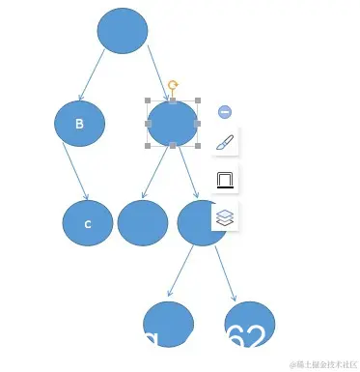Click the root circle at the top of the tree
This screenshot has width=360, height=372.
[x=123, y=30]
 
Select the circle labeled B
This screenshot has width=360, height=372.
[x=79, y=124]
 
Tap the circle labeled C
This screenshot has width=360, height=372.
[x=88, y=223]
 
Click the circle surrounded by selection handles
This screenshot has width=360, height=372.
[x=173, y=124]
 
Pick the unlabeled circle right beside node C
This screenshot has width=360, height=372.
[x=143, y=222]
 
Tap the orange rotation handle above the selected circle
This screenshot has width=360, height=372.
[x=173, y=86]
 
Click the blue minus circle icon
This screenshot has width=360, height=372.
[x=225, y=112]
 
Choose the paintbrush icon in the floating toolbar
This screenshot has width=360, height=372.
[x=224, y=143]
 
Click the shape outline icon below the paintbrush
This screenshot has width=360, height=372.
[x=224, y=180]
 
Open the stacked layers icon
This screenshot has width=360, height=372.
[x=224, y=216]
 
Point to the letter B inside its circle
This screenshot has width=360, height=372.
[x=79, y=124]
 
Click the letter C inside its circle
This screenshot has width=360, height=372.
[x=87, y=224]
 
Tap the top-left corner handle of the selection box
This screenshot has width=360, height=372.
[x=148, y=100]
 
